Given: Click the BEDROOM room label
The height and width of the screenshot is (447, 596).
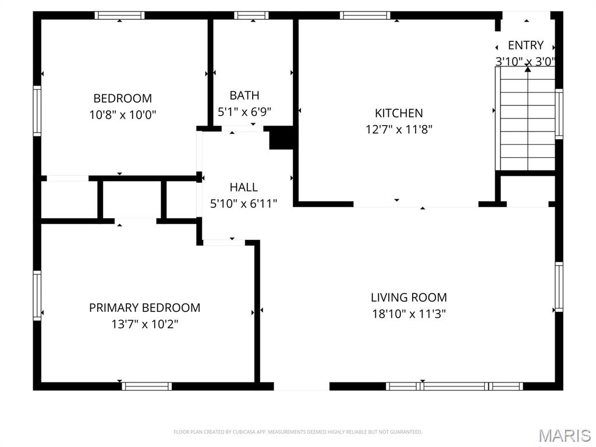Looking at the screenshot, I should point(122,98).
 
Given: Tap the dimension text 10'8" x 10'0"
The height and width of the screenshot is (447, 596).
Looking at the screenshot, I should point(122,115).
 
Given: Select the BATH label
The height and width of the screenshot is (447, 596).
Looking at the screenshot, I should point(244,95).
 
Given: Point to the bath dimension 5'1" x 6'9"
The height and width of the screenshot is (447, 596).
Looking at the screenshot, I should point(244,111).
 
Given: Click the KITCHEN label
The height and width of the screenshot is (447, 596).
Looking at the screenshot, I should point(399,113).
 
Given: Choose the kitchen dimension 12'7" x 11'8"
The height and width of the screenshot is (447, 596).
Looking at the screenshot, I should point(399,129).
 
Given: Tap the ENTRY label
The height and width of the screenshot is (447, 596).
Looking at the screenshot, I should point(526,45).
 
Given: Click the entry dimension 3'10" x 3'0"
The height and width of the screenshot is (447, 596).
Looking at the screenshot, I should point(526,61).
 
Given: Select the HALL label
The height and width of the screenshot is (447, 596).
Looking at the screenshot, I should point(243,187).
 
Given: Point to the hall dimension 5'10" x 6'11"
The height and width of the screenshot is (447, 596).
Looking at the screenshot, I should point(243,203).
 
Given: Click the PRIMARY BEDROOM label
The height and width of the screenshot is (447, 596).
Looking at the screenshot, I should point(144,307).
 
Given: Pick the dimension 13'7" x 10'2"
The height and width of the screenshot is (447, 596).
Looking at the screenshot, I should point(144,324).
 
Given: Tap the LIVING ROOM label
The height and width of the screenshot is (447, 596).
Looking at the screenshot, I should point(409,297).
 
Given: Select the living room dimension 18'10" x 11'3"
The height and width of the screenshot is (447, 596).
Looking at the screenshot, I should point(409,314).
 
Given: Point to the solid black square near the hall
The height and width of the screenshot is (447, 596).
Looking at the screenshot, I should point(281,139).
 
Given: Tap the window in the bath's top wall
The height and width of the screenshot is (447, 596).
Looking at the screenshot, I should point(251,15).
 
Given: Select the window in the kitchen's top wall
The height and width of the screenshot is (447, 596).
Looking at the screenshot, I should point(365,15).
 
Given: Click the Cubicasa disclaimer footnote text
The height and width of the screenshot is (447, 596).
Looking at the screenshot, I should point(297,432).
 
